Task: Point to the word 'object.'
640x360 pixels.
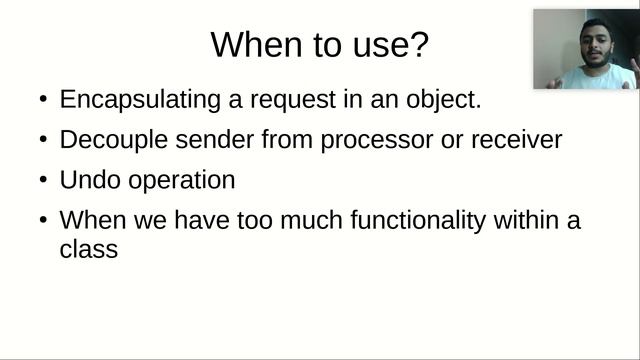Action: click(x=456, y=100)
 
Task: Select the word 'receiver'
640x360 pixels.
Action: click(x=518, y=140)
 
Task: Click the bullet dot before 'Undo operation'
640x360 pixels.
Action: click(x=41, y=181)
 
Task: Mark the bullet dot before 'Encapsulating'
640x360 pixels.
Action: click(x=41, y=101)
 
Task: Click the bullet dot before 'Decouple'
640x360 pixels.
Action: click(x=41, y=141)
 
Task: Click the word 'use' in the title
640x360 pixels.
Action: click(x=371, y=46)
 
